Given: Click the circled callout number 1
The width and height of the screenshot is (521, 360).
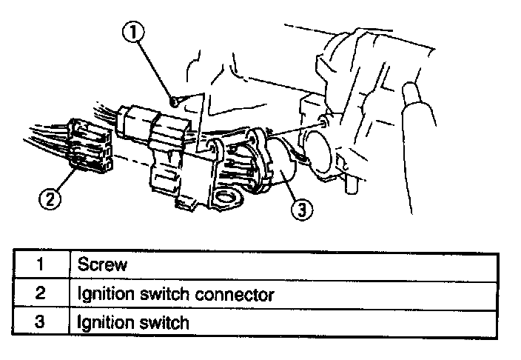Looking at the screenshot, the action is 134,32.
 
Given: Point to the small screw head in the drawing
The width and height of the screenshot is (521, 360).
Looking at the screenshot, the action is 172,100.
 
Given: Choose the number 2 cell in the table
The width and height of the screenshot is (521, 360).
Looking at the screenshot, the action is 40,294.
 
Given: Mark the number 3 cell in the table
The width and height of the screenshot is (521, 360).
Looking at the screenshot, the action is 40,322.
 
